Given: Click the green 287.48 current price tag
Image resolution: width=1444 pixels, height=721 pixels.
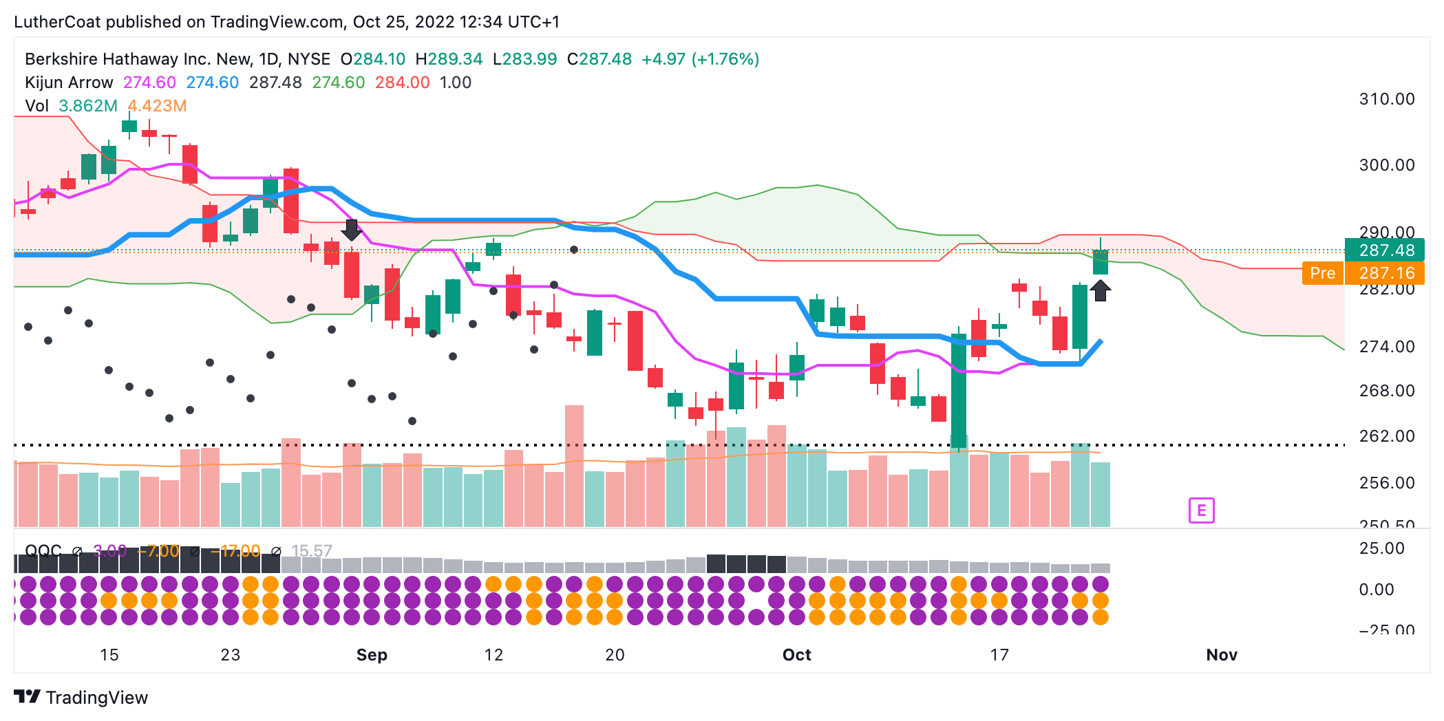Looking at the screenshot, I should point(1384,250).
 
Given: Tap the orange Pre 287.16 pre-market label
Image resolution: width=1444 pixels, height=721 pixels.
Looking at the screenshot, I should point(1363,273).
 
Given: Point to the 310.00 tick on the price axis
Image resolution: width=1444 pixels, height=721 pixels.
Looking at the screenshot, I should point(1386,99).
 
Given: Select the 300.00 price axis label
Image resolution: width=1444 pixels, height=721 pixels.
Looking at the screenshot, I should point(1386,165).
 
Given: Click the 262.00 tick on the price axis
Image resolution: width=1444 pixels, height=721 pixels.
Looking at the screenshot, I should point(1386,436).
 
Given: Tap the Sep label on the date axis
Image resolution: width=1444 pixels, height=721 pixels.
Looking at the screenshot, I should point(372,655).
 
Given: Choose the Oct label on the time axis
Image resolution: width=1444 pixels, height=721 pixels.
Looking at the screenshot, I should point(796,655).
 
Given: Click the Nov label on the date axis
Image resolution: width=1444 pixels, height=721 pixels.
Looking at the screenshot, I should point(1222,655).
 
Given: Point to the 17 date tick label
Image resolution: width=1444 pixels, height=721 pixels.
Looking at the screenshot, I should point(999,655).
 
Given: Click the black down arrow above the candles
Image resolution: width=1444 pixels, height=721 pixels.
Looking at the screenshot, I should point(352,230).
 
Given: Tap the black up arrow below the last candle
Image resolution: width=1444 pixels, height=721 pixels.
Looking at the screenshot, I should point(1100,290).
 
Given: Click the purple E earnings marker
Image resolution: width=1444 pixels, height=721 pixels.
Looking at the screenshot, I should point(1201,510).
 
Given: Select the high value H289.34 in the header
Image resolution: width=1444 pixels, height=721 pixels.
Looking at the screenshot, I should point(449,59).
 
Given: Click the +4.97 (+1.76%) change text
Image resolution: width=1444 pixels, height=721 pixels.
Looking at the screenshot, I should point(700,59).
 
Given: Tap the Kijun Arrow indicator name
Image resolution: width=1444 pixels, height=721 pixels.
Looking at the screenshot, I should point(69,83).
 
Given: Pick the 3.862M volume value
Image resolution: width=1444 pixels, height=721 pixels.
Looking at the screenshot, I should point(88,106).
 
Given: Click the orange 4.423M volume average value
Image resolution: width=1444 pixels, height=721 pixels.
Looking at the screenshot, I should point(157,106).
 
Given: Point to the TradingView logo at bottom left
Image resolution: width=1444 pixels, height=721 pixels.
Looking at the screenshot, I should point(81,698).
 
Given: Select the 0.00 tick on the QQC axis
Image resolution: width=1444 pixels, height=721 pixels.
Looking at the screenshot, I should point(1376,590).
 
